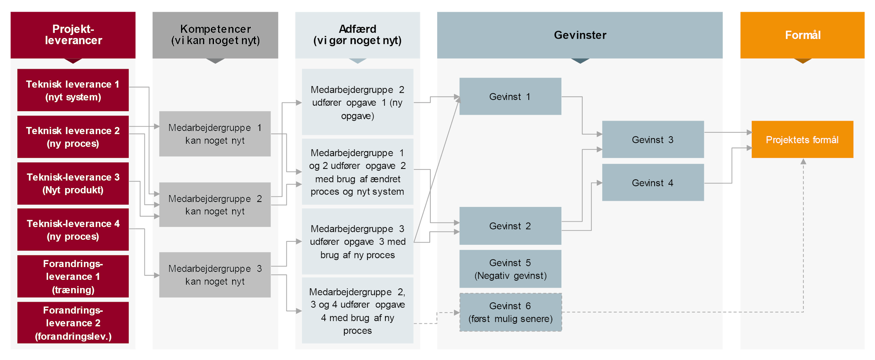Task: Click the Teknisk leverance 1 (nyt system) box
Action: [x=73, y=91]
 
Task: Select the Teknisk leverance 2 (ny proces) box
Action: [x=73, y=137]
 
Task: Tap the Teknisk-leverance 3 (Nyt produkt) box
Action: [x=73, y=183]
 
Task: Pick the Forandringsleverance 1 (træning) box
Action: [x=73, y=277]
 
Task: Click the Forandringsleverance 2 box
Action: [x=73, y=323]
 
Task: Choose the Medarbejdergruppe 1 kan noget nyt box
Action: [x=215, y=134]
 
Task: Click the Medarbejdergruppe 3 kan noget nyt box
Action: [x=215, y=275]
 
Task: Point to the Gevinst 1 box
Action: [x=510, y=97]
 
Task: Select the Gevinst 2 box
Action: [x=510, y=226]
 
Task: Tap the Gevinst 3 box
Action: [x=653, y=140]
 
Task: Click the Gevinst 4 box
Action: [x=653, y=183]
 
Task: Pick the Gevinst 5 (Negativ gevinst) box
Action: [x=510, y=269]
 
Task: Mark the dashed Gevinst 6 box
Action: [x=510, y=312]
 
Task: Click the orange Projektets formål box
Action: [x=802, y=140]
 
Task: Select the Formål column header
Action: [x=802, y=35]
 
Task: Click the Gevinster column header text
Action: [x=580, y=35]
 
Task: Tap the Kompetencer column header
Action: [x=215, y=35]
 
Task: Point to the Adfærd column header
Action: [x=357, y=35]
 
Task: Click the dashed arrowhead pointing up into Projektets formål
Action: [x=803, y=161]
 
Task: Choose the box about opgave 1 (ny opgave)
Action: [x=357, y=102]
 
